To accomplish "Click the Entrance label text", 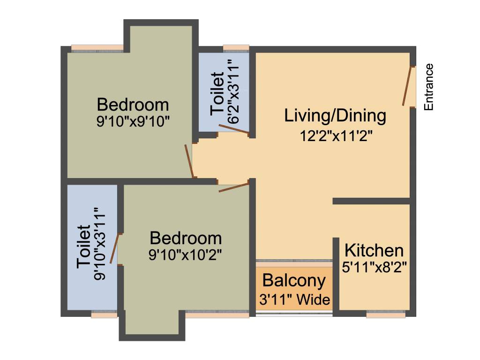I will [428, 87].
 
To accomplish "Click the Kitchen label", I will [374, 250].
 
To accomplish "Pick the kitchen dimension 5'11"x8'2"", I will [374, 268].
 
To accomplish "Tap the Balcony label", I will [294, 281].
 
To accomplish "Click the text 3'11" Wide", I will [294, 299].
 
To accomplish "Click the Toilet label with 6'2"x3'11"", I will [217, 93].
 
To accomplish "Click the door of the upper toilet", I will [233, 129].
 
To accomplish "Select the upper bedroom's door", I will [189, 161].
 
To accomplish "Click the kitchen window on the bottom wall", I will [385, 315].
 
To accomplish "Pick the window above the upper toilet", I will [236, 47].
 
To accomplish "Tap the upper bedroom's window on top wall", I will [97, 47].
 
